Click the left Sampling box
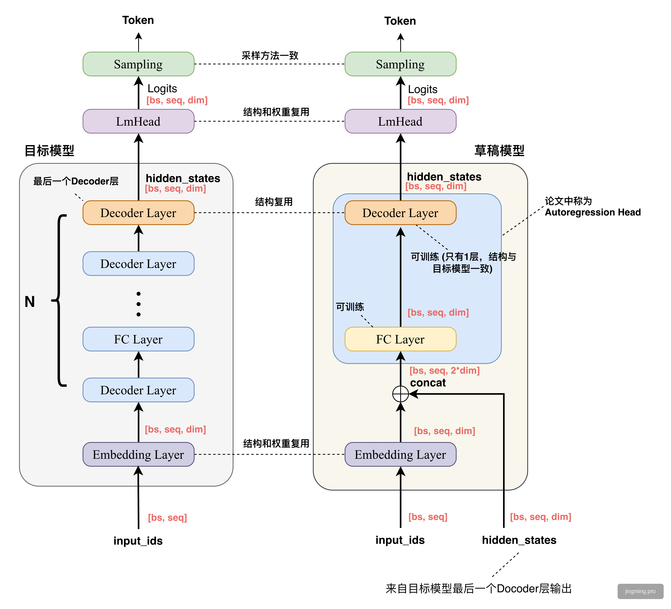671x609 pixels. tap(138, 64)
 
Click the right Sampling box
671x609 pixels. tap(400, 64)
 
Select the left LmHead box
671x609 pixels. tap(138, 121)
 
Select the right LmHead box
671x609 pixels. tap(400, 121)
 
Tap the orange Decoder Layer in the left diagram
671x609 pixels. tap(138, 212)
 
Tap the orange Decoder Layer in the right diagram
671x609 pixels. tap(400, 212)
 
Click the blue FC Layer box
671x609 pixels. tap(138, 339)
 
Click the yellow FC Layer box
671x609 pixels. tap(400, 339)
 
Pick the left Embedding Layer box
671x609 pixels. tap(138, 454)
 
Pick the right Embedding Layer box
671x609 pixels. tap(400, 454)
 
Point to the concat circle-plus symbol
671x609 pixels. tap(400, 394)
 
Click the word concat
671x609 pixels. tap(428, 383)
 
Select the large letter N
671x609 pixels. tap(30, 302)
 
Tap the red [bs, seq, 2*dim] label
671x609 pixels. tap(444, 370)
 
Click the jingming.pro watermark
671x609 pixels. tap(640, 591)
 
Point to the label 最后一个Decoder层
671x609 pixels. tap(76, 181)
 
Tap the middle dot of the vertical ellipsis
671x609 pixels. tap(138, 304)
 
